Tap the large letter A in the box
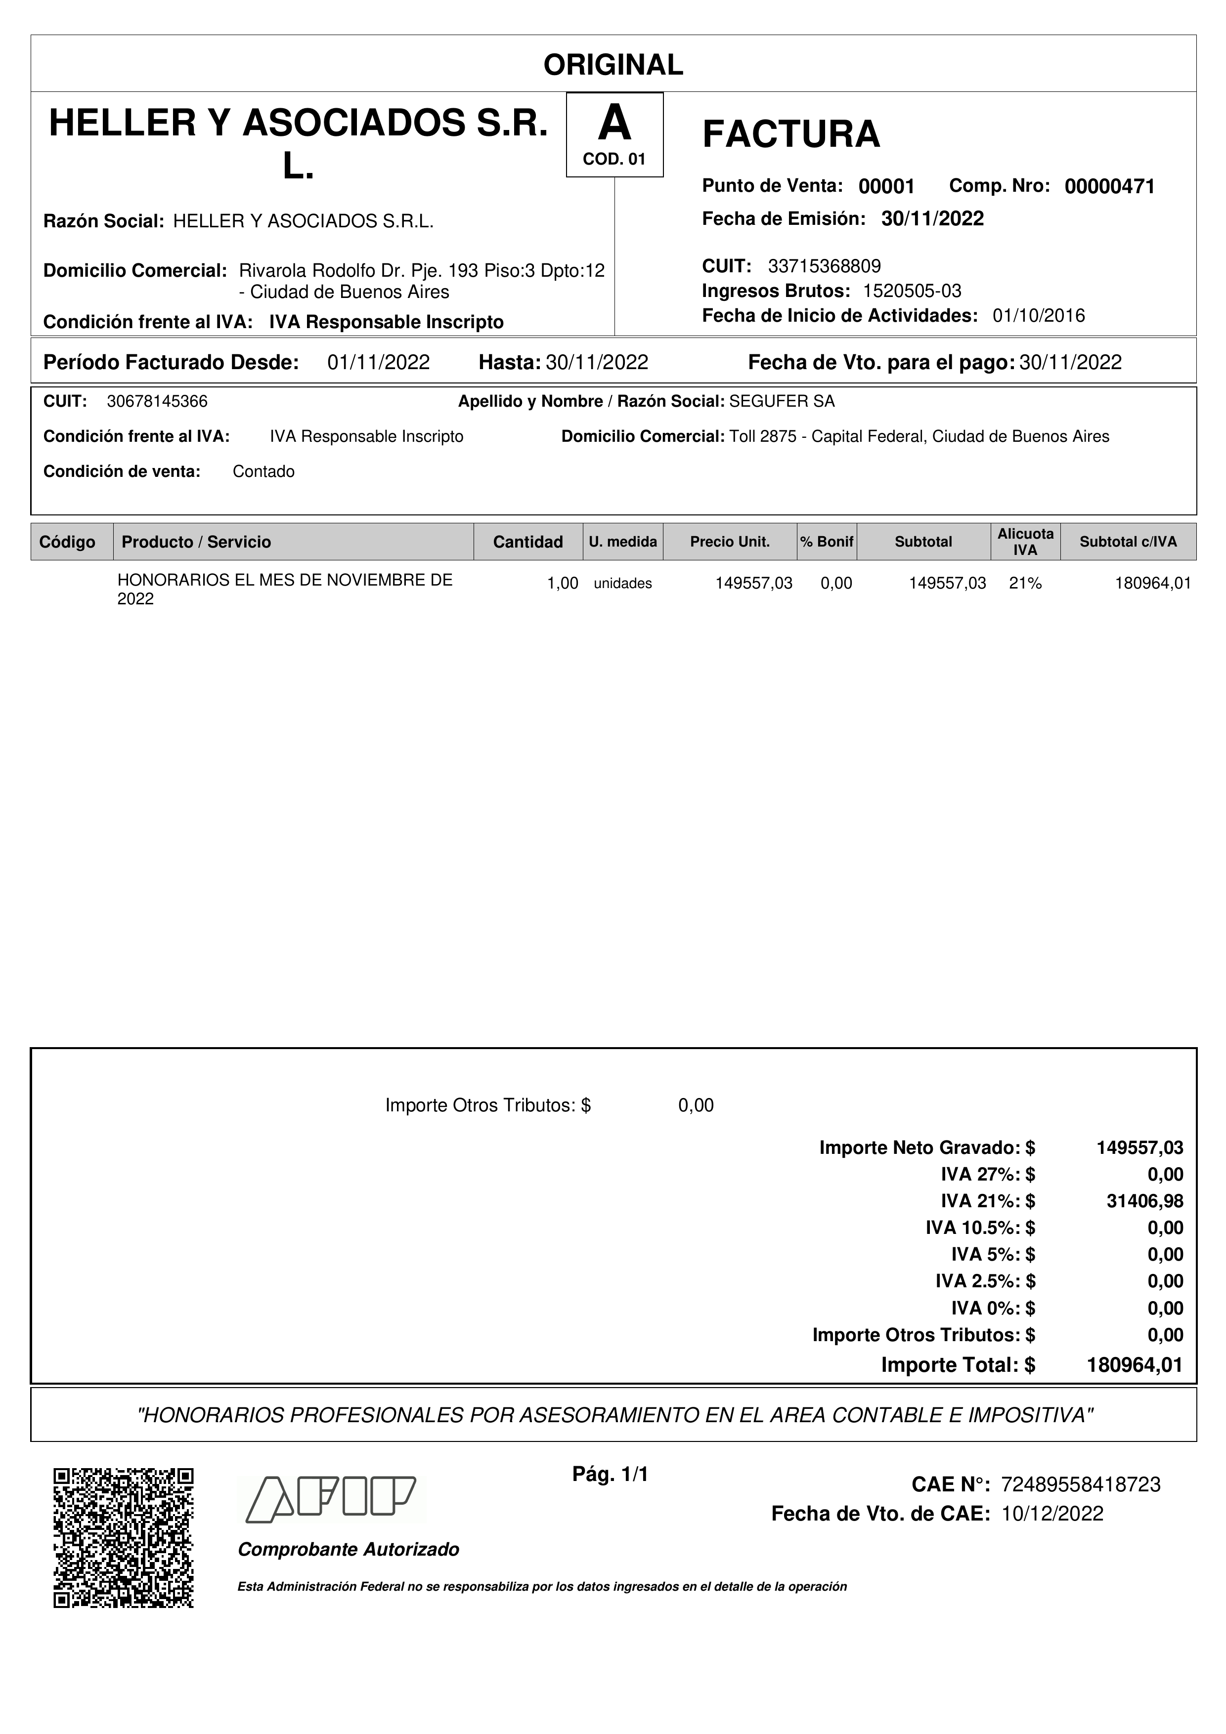[614, 123]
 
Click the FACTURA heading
[791, 134]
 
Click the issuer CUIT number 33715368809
[824, 266]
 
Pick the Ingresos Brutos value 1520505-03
[912, 291]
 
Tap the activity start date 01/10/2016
[1038, 316]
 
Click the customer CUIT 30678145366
[157, 402]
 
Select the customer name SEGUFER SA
[782, 402]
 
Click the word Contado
[263, 472]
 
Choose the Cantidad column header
[527, 542]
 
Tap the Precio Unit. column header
[729, 542]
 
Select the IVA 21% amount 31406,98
[1144, 1201]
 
